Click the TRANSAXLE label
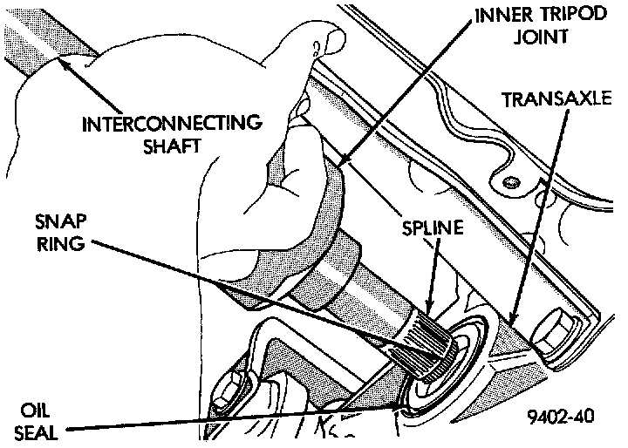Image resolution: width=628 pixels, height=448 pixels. (x=556, y=98)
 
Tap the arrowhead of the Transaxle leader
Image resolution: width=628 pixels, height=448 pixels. (x=508, y=317)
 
